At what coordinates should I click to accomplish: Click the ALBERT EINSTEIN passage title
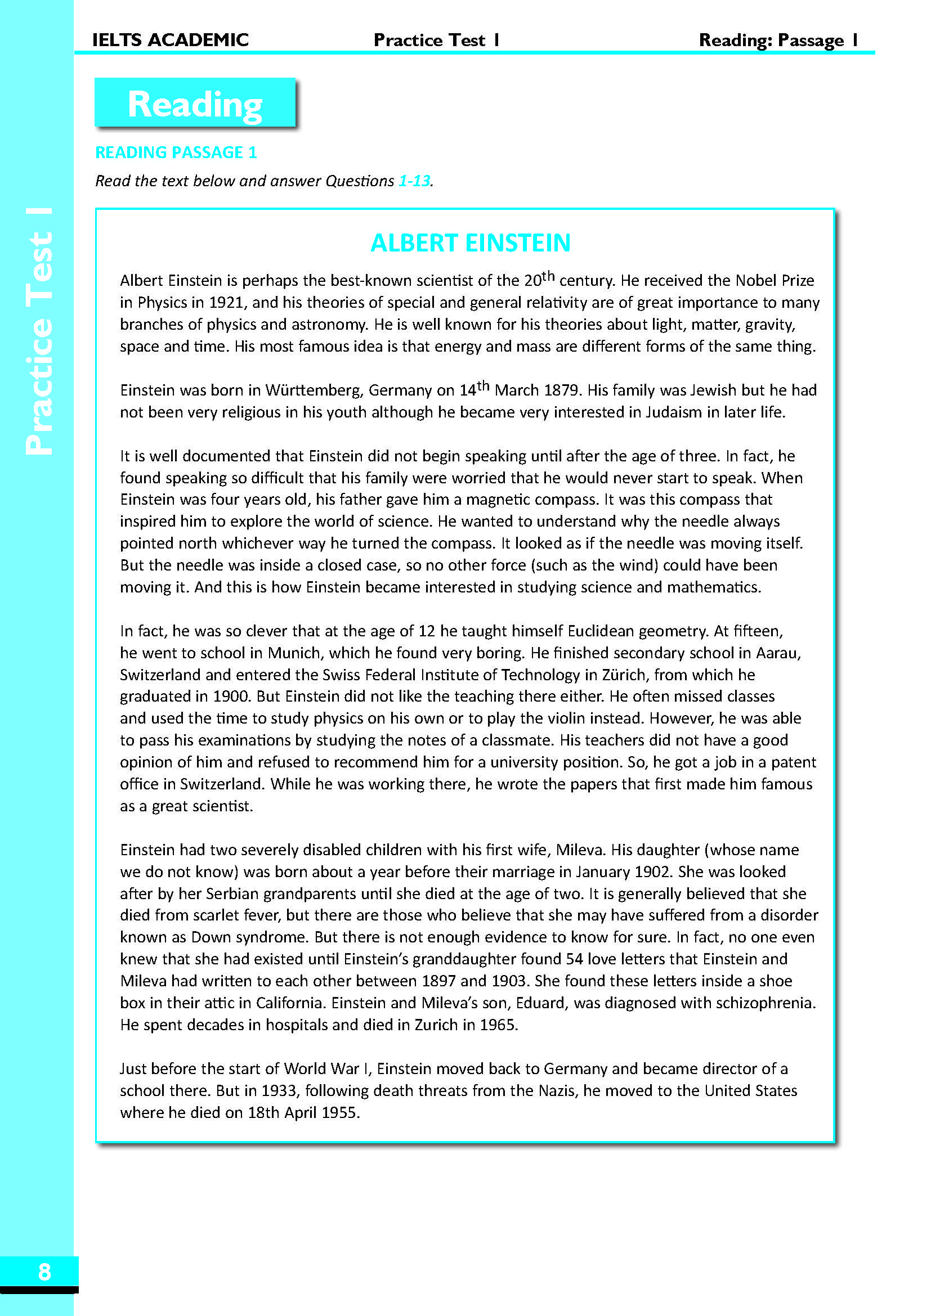(x=470, y=243)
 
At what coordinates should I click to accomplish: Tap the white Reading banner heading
(x=195, y=104)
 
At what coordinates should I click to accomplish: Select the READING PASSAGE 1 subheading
(x=176, y=152)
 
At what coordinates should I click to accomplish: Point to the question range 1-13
(x=414, y=181)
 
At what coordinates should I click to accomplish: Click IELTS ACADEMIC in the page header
(x=170, y=39)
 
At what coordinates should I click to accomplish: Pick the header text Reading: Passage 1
(x=778, y=40)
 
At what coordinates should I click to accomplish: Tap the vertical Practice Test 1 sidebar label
(x=39, y=333)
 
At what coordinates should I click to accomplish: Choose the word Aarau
(x=777, y=653)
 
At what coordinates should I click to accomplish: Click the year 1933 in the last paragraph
(x=280, y=1091)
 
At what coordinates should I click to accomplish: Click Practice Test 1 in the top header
(x=436, y=40)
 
